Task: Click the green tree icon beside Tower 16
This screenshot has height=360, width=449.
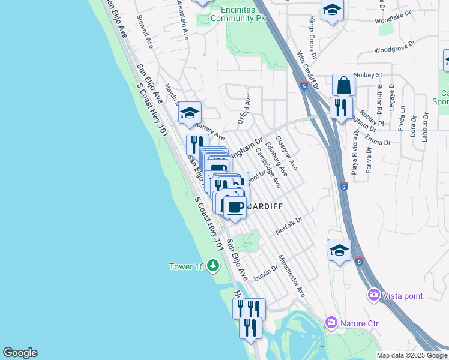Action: pyautogui.click(x=212, y=265)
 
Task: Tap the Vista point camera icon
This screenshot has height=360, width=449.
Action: pyautogui.click(x=374, y=295)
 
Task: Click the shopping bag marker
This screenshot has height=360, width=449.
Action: pyautogui.click(x=343, y=85)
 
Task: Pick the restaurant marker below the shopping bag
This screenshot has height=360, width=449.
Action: pyautogui.click(x=341, y=108)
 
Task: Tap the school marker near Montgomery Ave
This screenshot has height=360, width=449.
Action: pyautogui.click(x=190, y=112)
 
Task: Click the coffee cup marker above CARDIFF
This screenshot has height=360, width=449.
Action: pyautogui.click(x=235, y=207)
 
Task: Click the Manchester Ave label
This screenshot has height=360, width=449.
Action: pyautogui.click(x=292, y=276)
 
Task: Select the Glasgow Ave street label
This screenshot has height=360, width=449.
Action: pyautogui.click(x=286, y=152)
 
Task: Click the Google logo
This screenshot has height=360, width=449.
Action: pyautogui.click(x=20, y=353)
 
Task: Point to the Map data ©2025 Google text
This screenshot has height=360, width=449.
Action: pyautogui.click(x=412, y=355)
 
